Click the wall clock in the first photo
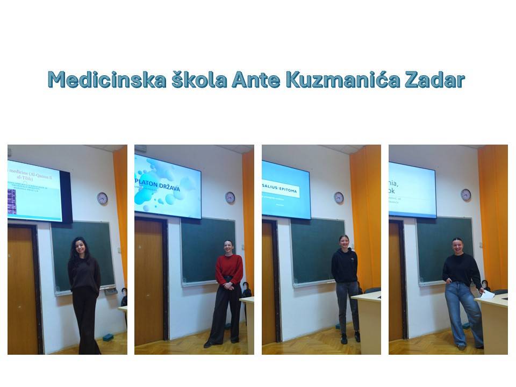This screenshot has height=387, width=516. coord(102,198)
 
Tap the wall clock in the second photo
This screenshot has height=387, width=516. coord(230,197)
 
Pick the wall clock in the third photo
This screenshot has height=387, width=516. coord(339,197)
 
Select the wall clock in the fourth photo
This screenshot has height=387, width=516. coord(465,195)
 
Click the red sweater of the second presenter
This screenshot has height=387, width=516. coord(229,269)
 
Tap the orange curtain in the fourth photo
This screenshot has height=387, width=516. coord(494,215)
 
